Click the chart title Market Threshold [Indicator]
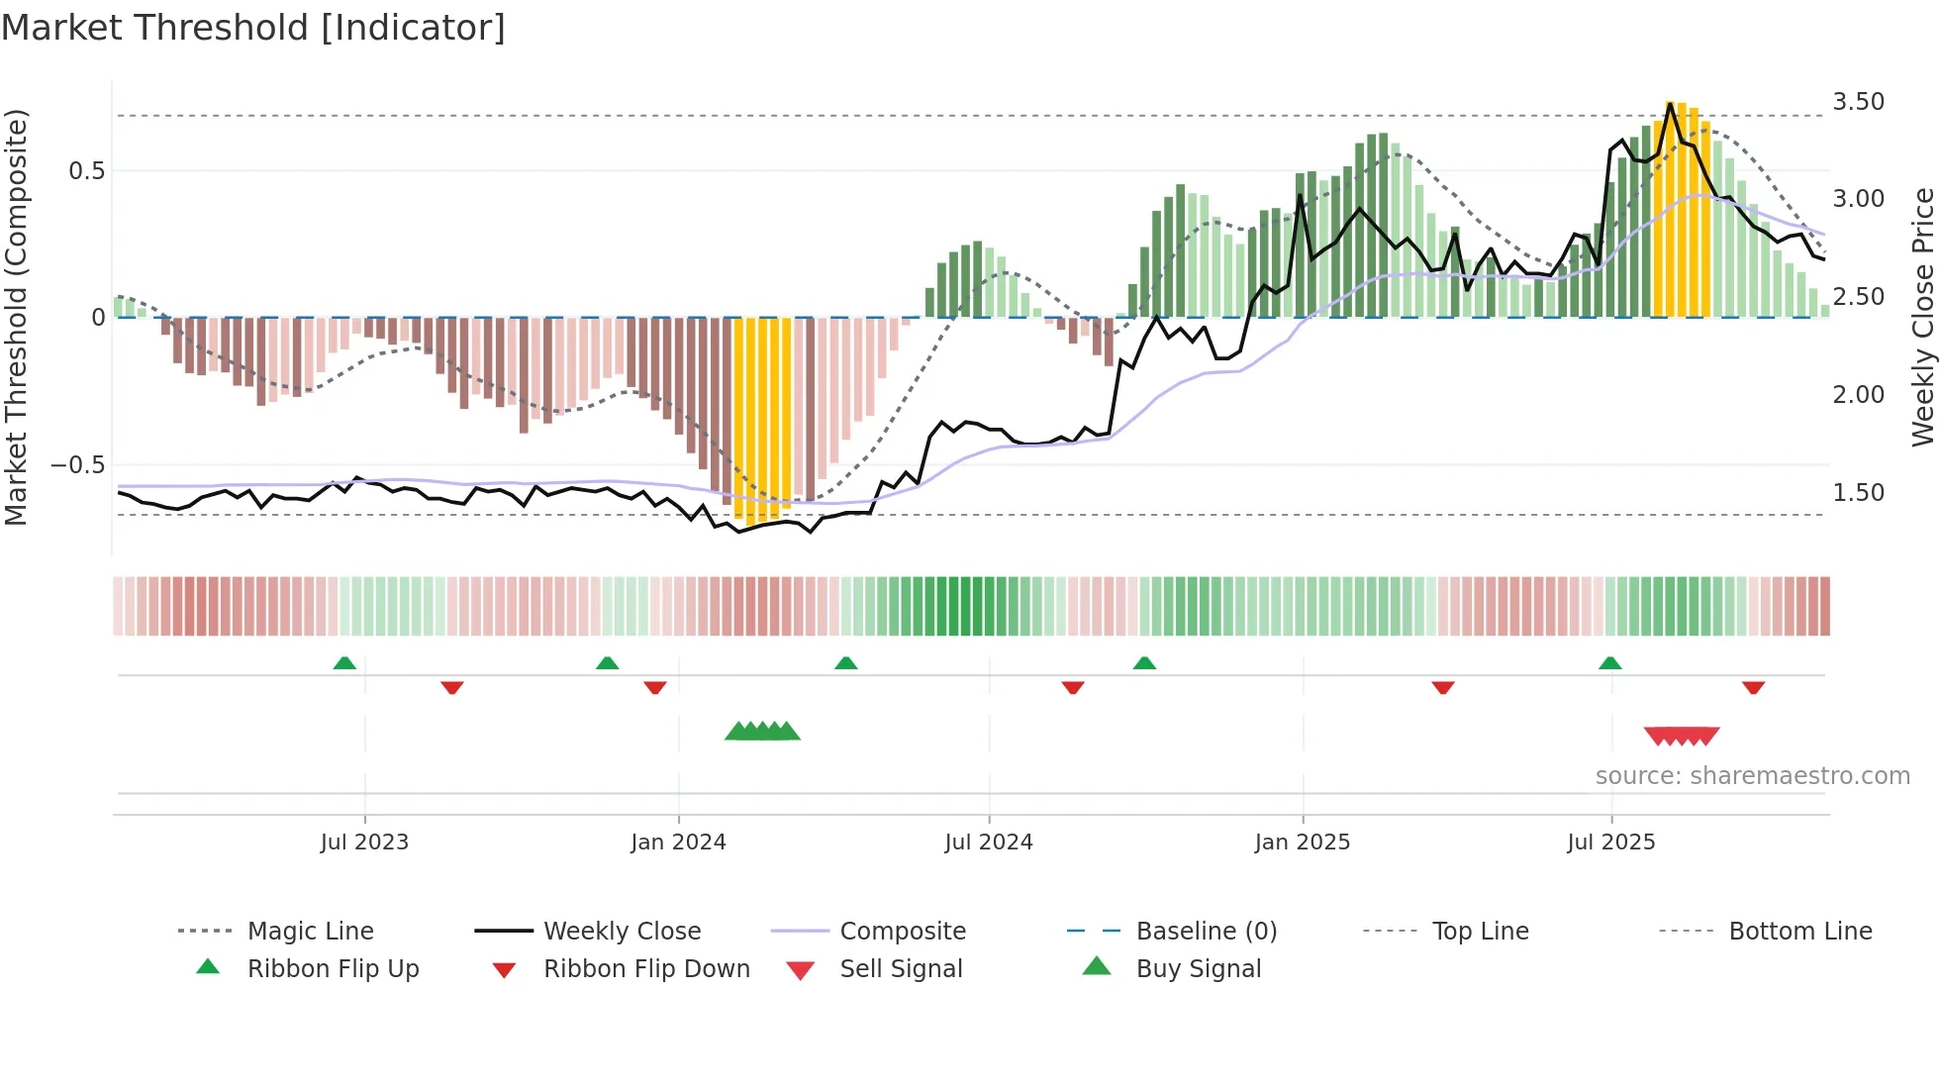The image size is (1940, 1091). tap(253, 28)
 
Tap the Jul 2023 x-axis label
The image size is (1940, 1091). tap(364, 843)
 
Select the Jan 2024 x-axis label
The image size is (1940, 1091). tap(678, 843)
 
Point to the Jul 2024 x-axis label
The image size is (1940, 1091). tap(988, 843)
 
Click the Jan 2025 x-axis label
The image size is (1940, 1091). tap(1302, 843)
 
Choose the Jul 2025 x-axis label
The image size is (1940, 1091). tap(1610, 843)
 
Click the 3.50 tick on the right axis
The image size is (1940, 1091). tap(1858, 102)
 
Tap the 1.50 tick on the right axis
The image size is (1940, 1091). tap(1858, 493)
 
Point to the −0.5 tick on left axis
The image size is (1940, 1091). tap(77, 465)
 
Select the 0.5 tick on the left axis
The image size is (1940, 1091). tap(86, 171)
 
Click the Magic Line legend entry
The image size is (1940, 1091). tap(310, 932)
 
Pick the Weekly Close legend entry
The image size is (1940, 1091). tap(622, 932)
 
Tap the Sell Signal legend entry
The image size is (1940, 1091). tap(900, 969)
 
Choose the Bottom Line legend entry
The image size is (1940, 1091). tap(1799, 932)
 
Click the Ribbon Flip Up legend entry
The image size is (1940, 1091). tap(333, 969)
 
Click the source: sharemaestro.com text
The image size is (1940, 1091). tap(1752, 776)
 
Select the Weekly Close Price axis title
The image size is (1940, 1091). tap(1921, 317)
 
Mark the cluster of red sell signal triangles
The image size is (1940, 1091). tap(1681, 737)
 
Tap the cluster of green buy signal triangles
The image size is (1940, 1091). tap(762, 732)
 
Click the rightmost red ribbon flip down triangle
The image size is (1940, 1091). tap(1753, 687)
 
